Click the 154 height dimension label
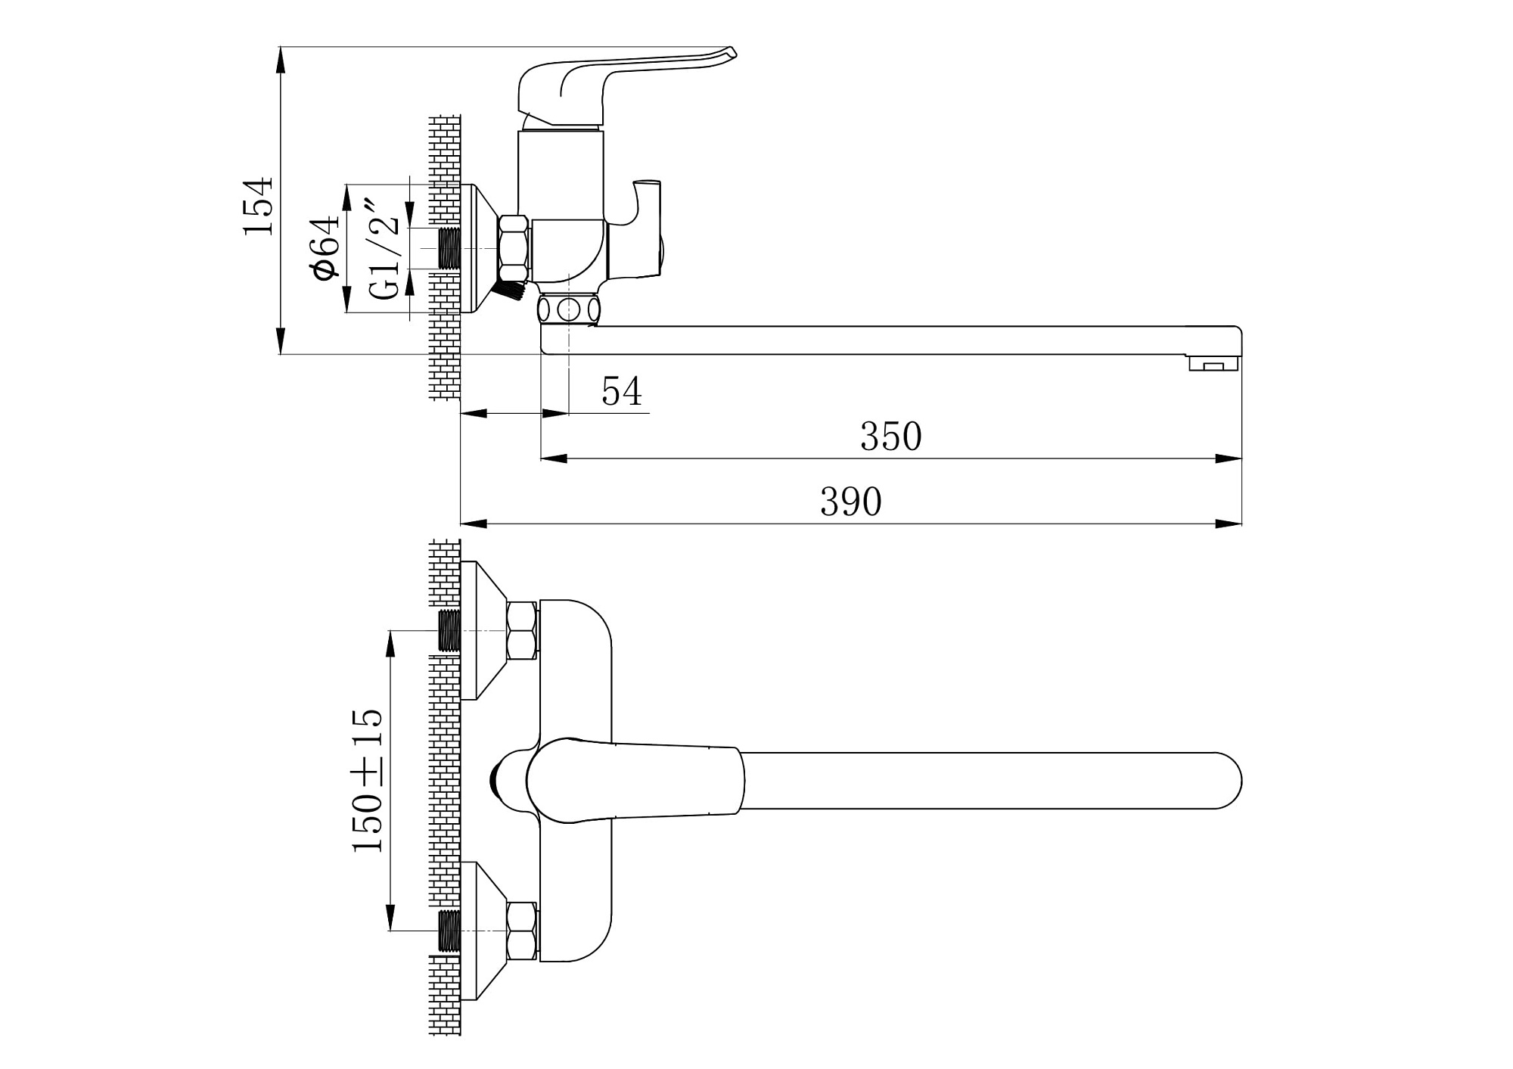pyautogui.click(x=257, y=206)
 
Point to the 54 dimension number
pyautogui.click(x=622, y=391)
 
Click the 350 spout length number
pyautogui.click(x=890, y=437)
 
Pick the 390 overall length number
pyautogui.click(x=851, y=502)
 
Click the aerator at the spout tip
pyautogui.click(x=1213, y=364)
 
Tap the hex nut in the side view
pyautogui.click(x=514, y=248)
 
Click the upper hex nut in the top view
pyautogui.click(x=522, y=629)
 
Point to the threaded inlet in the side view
pyautogui.click(x=449, y=247)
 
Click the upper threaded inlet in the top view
pyautogui.click(x=449, y=630)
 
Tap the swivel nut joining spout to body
pyautogui.click(x=568, y=309)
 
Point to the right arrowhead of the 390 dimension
pyautogui.click(x=1229, y=524)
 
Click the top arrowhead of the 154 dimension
pyautogui.click(x=281, y=61)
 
